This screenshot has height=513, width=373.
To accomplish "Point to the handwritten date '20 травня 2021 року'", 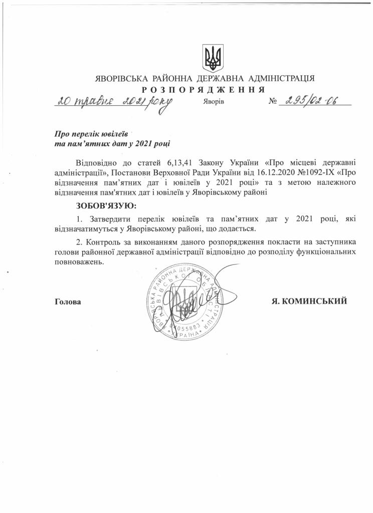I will click(x=113, y=101).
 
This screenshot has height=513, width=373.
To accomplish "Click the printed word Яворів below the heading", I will click(x=214, y=101).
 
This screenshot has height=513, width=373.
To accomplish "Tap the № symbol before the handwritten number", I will click(x=273, y=101).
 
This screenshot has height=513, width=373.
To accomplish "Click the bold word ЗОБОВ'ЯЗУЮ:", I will click(x=105, y=205).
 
